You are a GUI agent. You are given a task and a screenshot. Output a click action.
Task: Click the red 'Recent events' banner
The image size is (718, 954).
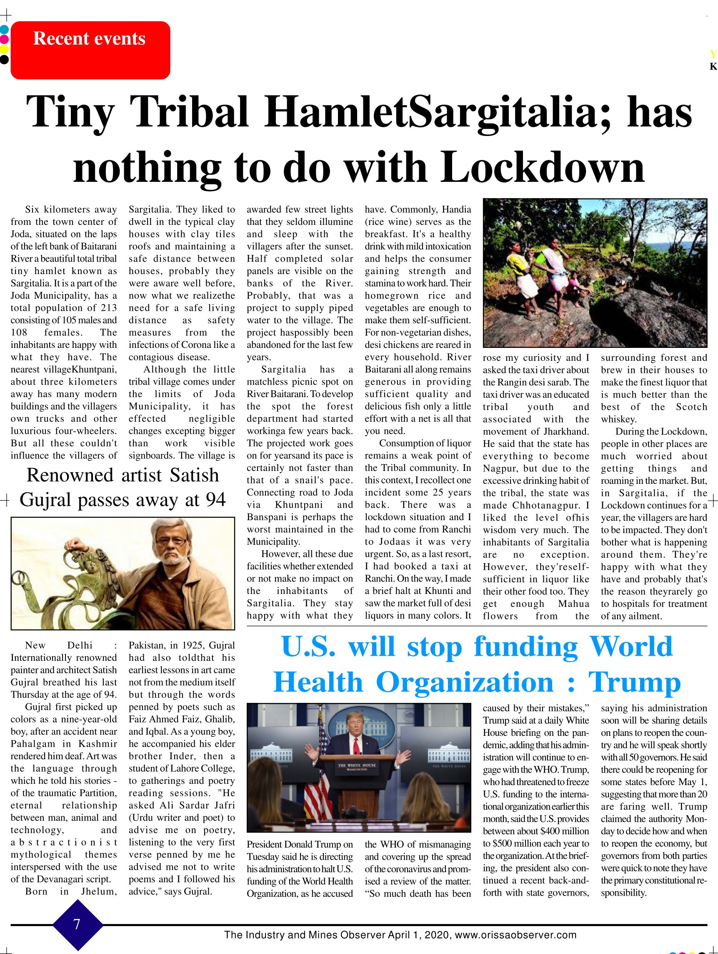[90, 50]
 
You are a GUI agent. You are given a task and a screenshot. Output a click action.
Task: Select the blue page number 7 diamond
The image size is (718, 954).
[77, 924]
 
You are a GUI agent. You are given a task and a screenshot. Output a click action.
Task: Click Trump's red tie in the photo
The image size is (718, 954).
[356, 745]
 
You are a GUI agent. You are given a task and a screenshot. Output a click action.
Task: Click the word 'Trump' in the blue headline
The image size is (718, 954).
[634, 683]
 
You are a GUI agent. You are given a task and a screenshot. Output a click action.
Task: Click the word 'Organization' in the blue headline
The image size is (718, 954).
[464, 683]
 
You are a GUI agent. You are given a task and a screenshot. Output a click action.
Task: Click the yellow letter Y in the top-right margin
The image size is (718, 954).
[713, 54]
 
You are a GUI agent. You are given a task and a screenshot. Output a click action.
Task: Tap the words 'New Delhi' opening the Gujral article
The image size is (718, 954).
[59, 645]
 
